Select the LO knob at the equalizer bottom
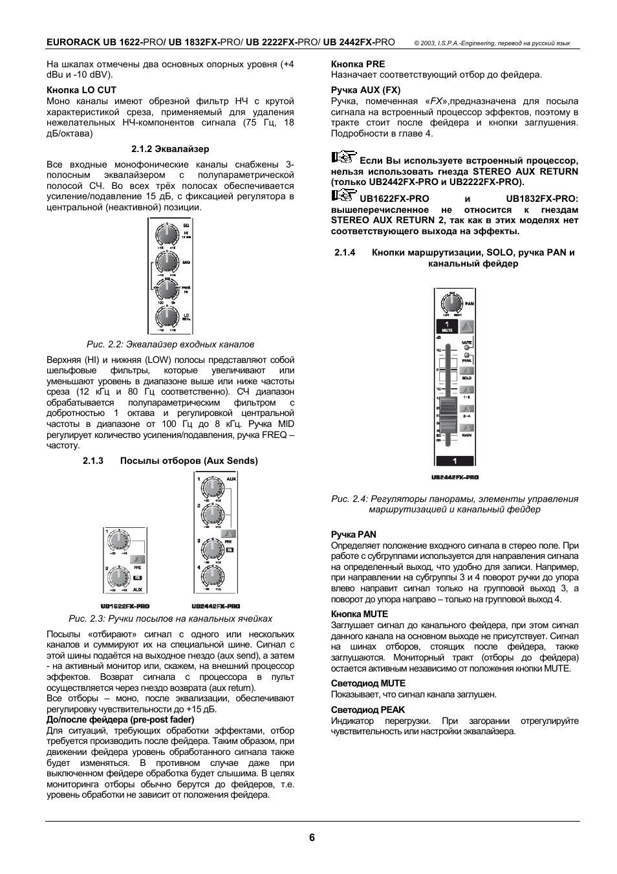[x=166, y=317]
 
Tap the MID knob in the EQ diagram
[x=166, y=262]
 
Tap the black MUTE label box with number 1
[x=446, y=327]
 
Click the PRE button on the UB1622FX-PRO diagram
[x=137, y=560]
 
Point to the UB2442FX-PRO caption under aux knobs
[x=216, y=606]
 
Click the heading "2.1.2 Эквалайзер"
[x=170, y=149]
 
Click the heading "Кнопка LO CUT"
[x=81, y=90]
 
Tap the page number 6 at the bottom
[x=312, y=837]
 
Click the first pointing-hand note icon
[x=343, y=157]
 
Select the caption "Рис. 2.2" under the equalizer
[x=171, y=344]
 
